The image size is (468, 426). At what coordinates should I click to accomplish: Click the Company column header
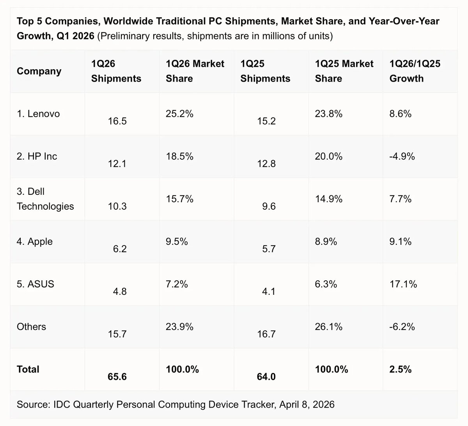click(x=39, y=71)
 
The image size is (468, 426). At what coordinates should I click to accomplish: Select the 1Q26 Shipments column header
click(x=116, y=71)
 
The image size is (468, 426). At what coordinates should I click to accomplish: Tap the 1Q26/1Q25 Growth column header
click(x=415, y=71)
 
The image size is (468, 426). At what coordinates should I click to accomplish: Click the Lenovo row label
click(x=38, y=114)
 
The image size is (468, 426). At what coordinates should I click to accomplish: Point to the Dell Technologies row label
click(x=45, y=199)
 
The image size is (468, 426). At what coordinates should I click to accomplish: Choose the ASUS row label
click(x=35, y=284)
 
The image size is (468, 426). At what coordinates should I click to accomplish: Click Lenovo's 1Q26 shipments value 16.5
click(x=117, y=121)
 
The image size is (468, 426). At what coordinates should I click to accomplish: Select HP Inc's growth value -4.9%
click(x=402, y=157)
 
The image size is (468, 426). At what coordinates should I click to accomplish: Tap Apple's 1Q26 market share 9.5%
click(x=177, y=242)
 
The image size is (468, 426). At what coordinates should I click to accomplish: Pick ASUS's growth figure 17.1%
click(x=403, y=284)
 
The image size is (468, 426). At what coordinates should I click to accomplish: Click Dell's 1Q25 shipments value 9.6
click(x=269, y=206)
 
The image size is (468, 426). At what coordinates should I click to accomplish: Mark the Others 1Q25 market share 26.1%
click(x=329, y=326)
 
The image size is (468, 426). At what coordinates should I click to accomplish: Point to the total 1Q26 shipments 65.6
click(x=117, y=377)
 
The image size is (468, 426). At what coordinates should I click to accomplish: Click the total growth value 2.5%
click(x=400, y=369)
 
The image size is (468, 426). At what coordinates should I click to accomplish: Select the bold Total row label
click(x=28, y=369)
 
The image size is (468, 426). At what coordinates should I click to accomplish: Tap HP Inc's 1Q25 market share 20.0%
click(x=329, y=157)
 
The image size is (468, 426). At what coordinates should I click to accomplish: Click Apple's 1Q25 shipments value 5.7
click(x=269, y=249)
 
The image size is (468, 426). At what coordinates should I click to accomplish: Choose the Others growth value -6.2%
click(x=402, y=326)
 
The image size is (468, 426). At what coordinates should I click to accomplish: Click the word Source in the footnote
click(x=32, y=404)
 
